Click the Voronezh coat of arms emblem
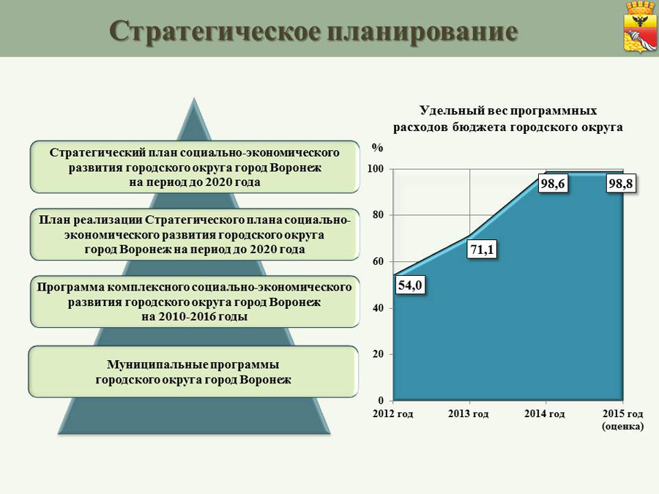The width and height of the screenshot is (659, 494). (x=640, y=27)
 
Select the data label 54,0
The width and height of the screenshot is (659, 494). (x=410, y=285)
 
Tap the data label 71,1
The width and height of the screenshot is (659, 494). (x=482, y=250)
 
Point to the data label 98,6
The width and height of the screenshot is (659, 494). (x=553, y=184)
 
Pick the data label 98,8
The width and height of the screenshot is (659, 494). (x=621, y=184)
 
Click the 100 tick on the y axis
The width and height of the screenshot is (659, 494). (x=376, y=169)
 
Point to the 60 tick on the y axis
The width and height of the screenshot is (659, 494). (x=379, y=262)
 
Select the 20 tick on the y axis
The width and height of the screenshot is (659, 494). (x=379, y=354)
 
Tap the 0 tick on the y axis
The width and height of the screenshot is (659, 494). (x=381, y=400)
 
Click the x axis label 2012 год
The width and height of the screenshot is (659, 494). (x=393, y=414)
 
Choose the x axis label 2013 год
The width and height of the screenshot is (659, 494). (x=469, y=414)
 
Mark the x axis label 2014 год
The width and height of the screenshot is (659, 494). (x=545, y=414)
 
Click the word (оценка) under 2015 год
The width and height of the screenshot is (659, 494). (x=623, y=427)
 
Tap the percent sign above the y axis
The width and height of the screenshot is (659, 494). (x=377, y=148)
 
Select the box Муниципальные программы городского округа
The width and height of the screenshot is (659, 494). (x=193, y=372)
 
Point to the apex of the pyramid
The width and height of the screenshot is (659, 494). (x=194, y=98)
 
